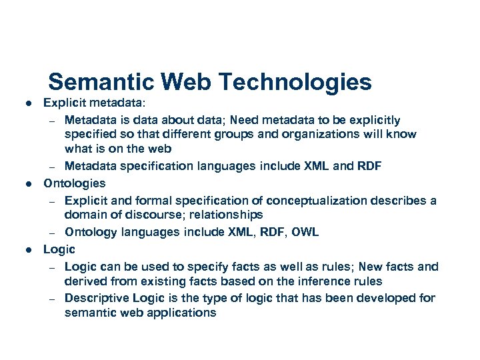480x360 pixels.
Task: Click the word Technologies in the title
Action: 295,82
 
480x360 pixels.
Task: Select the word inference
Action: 313,281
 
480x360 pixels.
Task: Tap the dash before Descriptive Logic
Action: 51,298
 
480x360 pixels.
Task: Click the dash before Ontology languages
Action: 51,232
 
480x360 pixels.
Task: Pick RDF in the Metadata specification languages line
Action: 368,166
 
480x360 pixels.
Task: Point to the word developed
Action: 381,297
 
